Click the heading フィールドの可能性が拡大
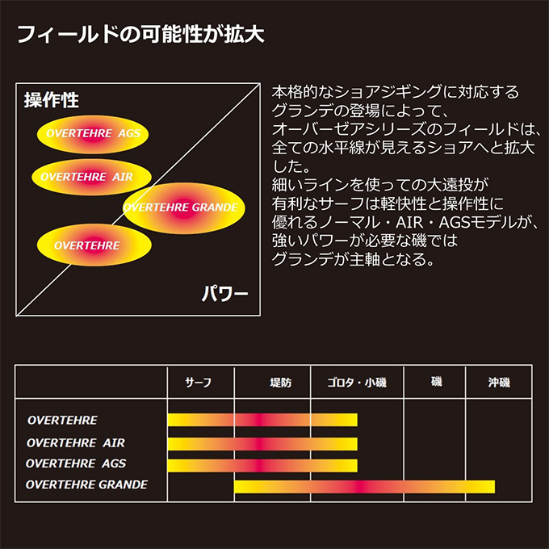point(140,34)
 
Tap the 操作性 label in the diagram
point(52,100)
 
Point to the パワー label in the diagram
point(224,293)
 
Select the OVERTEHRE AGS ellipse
point(93,134)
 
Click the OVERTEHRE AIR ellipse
point(91,177)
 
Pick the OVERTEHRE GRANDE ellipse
point(184,208)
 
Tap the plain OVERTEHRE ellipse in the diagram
point(94,245)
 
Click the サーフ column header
point(198,383)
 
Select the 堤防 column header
point(280,383)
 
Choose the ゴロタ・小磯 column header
point(357,383)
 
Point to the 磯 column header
point(436,382)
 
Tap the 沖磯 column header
point(499,383)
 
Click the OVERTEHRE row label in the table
point(62,420)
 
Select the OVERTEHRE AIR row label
point(76,443)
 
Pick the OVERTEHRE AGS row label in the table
point(76,463)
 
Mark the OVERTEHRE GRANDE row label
point(86,484)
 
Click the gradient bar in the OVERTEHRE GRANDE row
point(364,487)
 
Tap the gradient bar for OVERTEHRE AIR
point(262,444)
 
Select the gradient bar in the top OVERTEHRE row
point(262,420)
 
